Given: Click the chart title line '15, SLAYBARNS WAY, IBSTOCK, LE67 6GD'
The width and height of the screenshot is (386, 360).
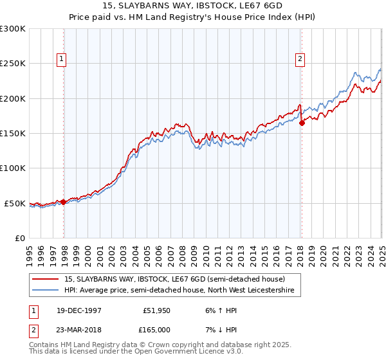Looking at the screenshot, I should coord(192,6).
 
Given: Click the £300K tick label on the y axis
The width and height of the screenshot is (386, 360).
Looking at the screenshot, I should coord(13,29).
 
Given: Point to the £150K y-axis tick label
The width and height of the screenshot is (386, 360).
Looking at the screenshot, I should coord(13,134).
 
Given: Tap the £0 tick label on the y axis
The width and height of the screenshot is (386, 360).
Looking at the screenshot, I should coord(19,238).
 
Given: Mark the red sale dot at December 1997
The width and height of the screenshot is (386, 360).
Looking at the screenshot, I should coord(64,202).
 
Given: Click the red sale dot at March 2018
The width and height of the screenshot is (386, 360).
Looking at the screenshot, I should coord(302,123).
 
